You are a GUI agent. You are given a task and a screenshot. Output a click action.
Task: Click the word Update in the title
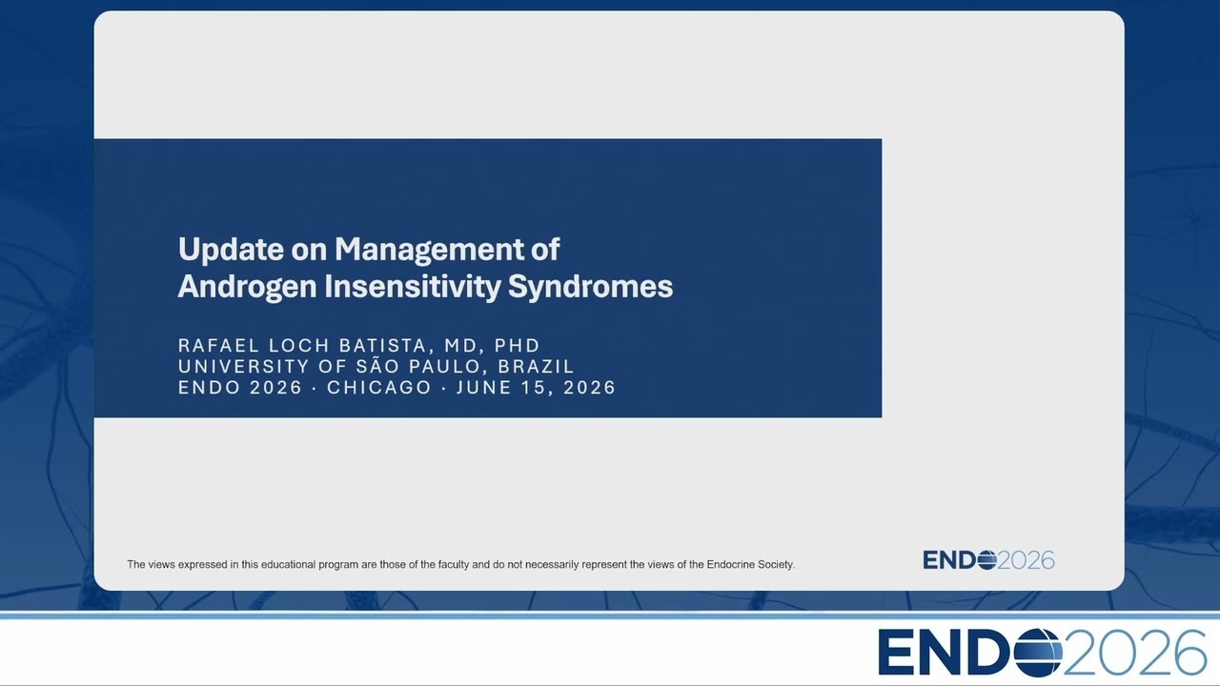pos(230,250)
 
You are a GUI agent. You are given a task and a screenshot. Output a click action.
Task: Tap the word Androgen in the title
pos(247,287)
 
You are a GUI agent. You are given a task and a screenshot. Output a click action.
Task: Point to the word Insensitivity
pos(413,287)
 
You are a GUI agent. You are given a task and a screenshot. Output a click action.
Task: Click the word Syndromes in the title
pos(590,287)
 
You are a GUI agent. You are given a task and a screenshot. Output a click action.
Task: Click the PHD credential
pos(517,345)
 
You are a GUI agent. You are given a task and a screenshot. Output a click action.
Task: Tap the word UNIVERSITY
pos(243,367)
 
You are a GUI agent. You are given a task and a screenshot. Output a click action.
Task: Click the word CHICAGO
pos(379,388)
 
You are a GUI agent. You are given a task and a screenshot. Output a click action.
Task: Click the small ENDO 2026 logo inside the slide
pos(988,560)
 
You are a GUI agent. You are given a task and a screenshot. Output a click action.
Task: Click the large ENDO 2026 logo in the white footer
pos(1042,653)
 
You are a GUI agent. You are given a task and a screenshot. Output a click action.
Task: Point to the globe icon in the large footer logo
pos(1038,653)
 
